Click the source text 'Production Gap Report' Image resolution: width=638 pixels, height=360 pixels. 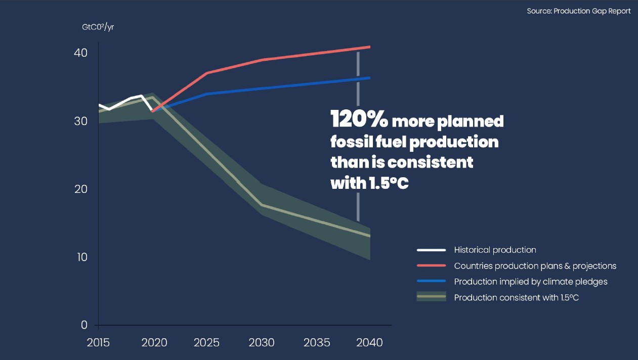coord(579,11)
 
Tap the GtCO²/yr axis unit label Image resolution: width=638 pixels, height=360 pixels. coord(98,27)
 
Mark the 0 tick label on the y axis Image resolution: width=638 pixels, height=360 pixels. coord(84,325)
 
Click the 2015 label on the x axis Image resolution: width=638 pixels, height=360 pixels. coord(98,343)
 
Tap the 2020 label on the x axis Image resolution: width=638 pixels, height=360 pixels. coord(153,343)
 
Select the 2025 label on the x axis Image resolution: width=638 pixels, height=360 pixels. coord(207,343)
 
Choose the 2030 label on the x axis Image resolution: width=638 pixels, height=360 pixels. coord(262,343)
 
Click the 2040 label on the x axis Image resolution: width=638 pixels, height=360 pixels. coord(370,343)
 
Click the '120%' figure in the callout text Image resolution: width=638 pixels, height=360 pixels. coord(359,121)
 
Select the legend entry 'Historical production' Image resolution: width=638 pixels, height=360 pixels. coord(495,250)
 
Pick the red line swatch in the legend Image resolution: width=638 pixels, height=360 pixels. coord(431,266)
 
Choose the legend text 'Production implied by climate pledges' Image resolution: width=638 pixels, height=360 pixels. coord(531,282)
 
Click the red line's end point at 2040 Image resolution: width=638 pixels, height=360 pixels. coord(370,47)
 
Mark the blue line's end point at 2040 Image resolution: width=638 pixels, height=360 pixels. coord(370,78)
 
